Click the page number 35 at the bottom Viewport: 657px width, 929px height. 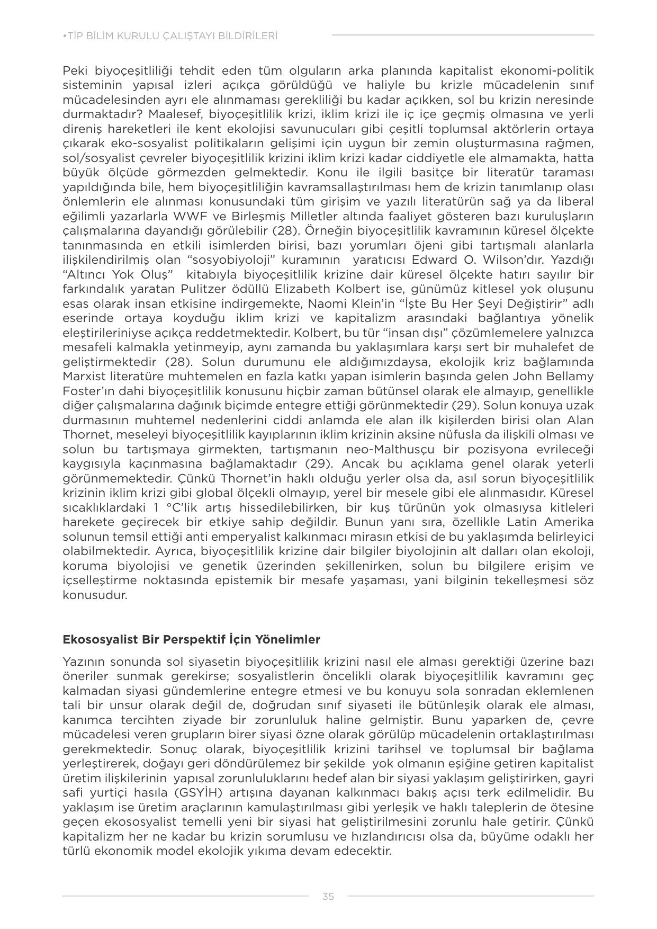pyautogui.click(x=328, y=896)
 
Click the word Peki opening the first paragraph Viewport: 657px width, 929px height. pyautogui.click(x=75, y=71)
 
